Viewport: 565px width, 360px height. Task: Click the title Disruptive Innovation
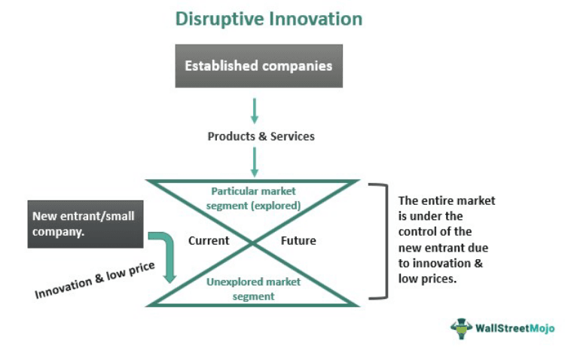click(x=268, y=18)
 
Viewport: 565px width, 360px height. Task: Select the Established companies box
click(x=259, y=66)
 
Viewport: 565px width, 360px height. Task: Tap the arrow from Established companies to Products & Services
click(x=255, y=109)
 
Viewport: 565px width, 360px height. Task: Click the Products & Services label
click(x=261, y=136)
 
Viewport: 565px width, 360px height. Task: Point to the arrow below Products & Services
click(x=255, y=161)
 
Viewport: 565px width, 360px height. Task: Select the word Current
click(x=209, y=241)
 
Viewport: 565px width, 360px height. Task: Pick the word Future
click(x=298, y=241)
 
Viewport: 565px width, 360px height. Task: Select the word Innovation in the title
click(x=316, y=18)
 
